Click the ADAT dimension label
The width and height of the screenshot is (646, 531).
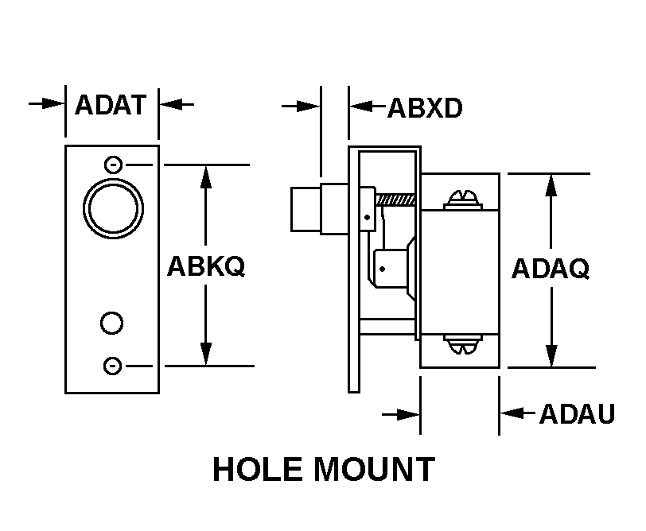pos(111,104)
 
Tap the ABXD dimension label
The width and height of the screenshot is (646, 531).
pos(425,108)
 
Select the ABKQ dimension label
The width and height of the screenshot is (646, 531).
pos(205,266)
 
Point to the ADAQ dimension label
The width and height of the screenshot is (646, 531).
pos(550,269)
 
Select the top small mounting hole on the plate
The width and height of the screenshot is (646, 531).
pos(113,165)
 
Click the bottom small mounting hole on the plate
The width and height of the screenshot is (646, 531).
pos(113,366)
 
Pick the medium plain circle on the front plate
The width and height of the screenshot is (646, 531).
pos(112,322)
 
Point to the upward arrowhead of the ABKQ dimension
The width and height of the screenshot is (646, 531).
pos(206,176)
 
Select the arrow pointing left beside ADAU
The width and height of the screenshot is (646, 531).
pos(514,413)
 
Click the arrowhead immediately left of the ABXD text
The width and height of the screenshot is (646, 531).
pos(360,106)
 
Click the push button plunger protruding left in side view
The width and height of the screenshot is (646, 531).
pos(305,208)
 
